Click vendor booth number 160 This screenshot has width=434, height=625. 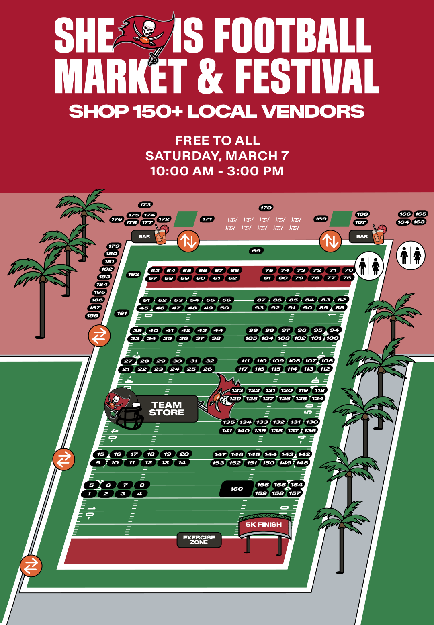point(237,489)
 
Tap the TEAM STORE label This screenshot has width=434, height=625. point(167,409)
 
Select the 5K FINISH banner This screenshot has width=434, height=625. point(264,525)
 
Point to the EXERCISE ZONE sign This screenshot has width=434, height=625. point(199,540)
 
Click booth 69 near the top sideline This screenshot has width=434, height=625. point(256,251)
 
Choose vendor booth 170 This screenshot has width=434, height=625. point(266,208)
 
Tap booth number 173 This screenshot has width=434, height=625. point(145,205)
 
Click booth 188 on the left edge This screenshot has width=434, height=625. point(92,316)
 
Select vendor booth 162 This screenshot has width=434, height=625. point(133,275)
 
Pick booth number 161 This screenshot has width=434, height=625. point(122,314)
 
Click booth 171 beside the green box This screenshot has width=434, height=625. point(207,219)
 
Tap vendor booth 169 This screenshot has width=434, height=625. point(321,219)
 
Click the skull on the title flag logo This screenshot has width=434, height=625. point(148,28)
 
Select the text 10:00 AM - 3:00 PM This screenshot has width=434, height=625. point(217,171)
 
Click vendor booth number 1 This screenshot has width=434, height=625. point(89,494)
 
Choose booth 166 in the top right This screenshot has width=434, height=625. point(405,214)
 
